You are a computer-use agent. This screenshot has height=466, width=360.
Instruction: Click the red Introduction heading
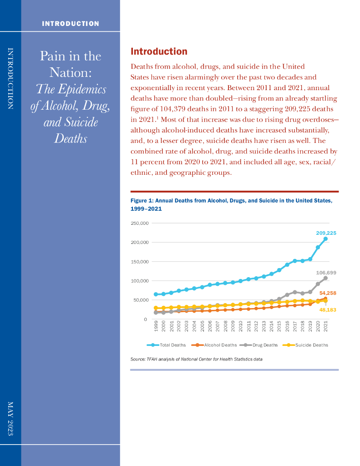point(159,51)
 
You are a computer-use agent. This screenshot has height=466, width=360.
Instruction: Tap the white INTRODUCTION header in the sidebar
point(71,24)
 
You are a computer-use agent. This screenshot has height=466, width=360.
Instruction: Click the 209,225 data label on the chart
point(326,233)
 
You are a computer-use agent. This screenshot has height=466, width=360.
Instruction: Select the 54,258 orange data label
point(328,293)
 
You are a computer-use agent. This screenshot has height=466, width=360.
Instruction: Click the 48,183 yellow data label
point(328,309)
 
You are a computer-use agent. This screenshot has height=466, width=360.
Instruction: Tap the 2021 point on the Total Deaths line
point(325,239)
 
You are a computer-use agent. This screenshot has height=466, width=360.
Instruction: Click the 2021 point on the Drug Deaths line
point(325,278)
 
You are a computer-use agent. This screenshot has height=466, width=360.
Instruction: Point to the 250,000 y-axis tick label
point(139,223)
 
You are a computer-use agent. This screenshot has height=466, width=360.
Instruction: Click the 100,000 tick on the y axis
point(139,281)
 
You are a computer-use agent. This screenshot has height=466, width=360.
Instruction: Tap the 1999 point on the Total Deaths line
point(156,294)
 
